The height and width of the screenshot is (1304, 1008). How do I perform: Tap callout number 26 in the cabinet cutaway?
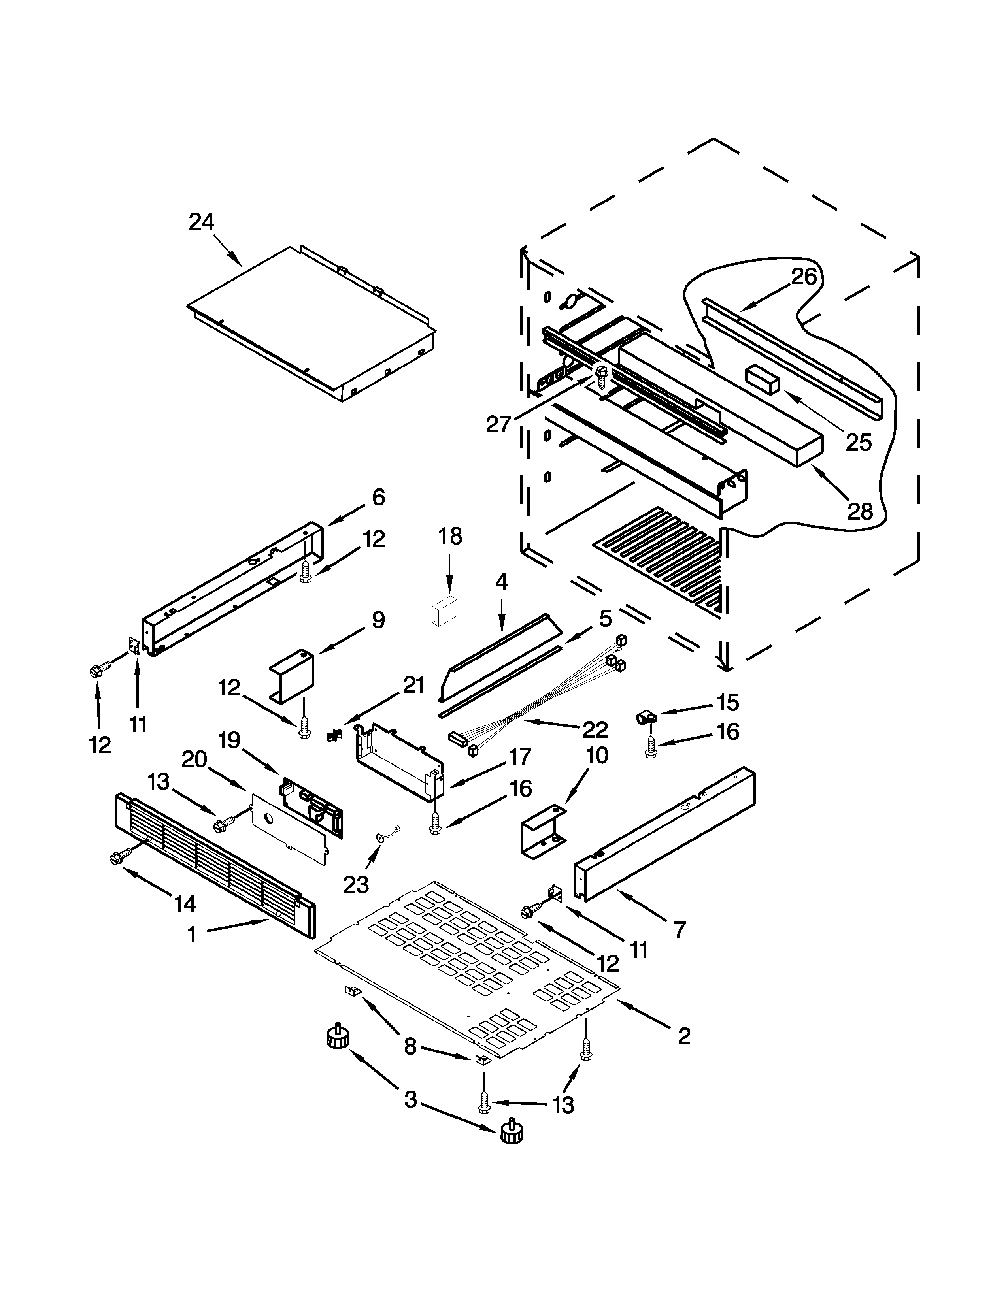(x=804, y=277)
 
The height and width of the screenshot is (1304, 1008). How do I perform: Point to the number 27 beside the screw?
(x=498, y=424)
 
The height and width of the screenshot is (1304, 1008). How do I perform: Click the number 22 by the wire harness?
(x=595, y=729)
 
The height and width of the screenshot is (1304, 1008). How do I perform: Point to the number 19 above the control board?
(x=229, y=741)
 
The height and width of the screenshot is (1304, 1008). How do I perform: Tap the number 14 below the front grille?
(x=185, y=904)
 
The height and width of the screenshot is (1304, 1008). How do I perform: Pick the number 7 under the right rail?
(x=680, y=930)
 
